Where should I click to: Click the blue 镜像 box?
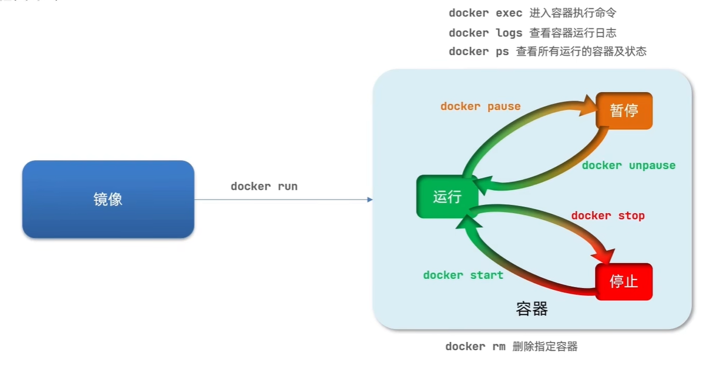pos(108,199)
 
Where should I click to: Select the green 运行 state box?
pos(447,197)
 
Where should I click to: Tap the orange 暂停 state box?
pos(624,111)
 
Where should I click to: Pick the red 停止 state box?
pos(624,282)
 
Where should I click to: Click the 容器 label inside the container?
pos(532,309)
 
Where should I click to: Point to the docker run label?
pos(264,187)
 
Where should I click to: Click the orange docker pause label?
pos(480,107)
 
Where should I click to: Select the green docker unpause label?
pos(628,166)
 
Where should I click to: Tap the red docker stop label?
pos(608,216)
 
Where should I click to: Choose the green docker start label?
pos(463,275)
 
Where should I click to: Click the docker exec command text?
pos(486,13)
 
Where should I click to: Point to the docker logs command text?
pos(486,33)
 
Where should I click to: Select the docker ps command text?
pos(479,52)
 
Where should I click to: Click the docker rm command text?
pos(474,347)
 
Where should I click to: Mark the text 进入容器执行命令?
pos(573,13)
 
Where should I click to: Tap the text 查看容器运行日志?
pos(573,33)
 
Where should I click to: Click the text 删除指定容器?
pos(545,347)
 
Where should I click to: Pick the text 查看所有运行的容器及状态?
pos(581,52)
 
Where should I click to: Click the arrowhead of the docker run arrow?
pos(369,199)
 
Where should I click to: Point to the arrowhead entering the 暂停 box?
pos(591,107)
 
